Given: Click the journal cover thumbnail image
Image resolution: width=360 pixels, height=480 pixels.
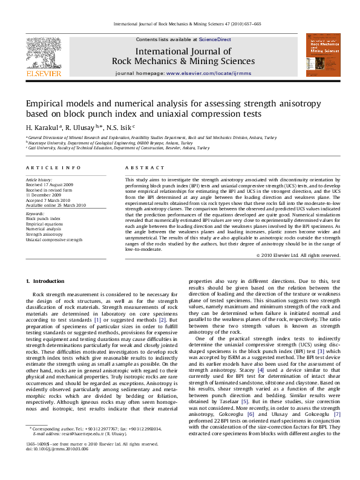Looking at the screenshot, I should [x=323, y=55].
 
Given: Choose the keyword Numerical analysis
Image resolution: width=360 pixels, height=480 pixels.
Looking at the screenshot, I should [x=44, y=229].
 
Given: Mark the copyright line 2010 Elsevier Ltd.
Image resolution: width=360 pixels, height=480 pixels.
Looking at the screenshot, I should [x=299, y=256].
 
